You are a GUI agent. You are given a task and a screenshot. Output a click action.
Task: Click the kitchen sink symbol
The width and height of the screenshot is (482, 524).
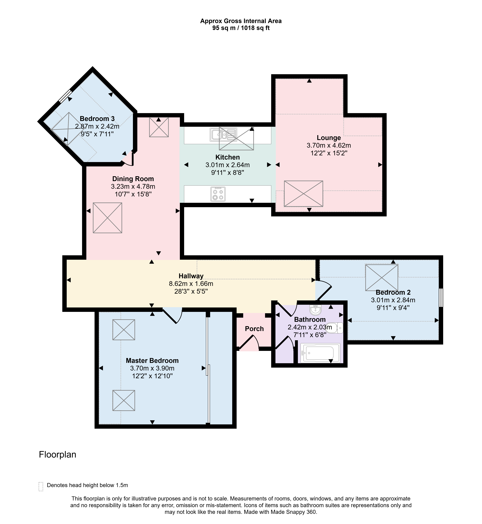223,134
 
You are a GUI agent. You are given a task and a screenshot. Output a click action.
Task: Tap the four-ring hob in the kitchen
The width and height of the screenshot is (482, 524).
218,194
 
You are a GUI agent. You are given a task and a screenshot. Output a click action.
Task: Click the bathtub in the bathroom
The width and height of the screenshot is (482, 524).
320,353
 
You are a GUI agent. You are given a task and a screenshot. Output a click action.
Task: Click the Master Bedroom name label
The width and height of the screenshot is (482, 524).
152,361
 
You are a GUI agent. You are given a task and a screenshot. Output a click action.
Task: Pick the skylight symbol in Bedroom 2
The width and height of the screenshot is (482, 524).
382,278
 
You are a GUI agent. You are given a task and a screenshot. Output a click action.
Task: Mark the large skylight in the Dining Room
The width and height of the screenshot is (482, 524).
107,218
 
